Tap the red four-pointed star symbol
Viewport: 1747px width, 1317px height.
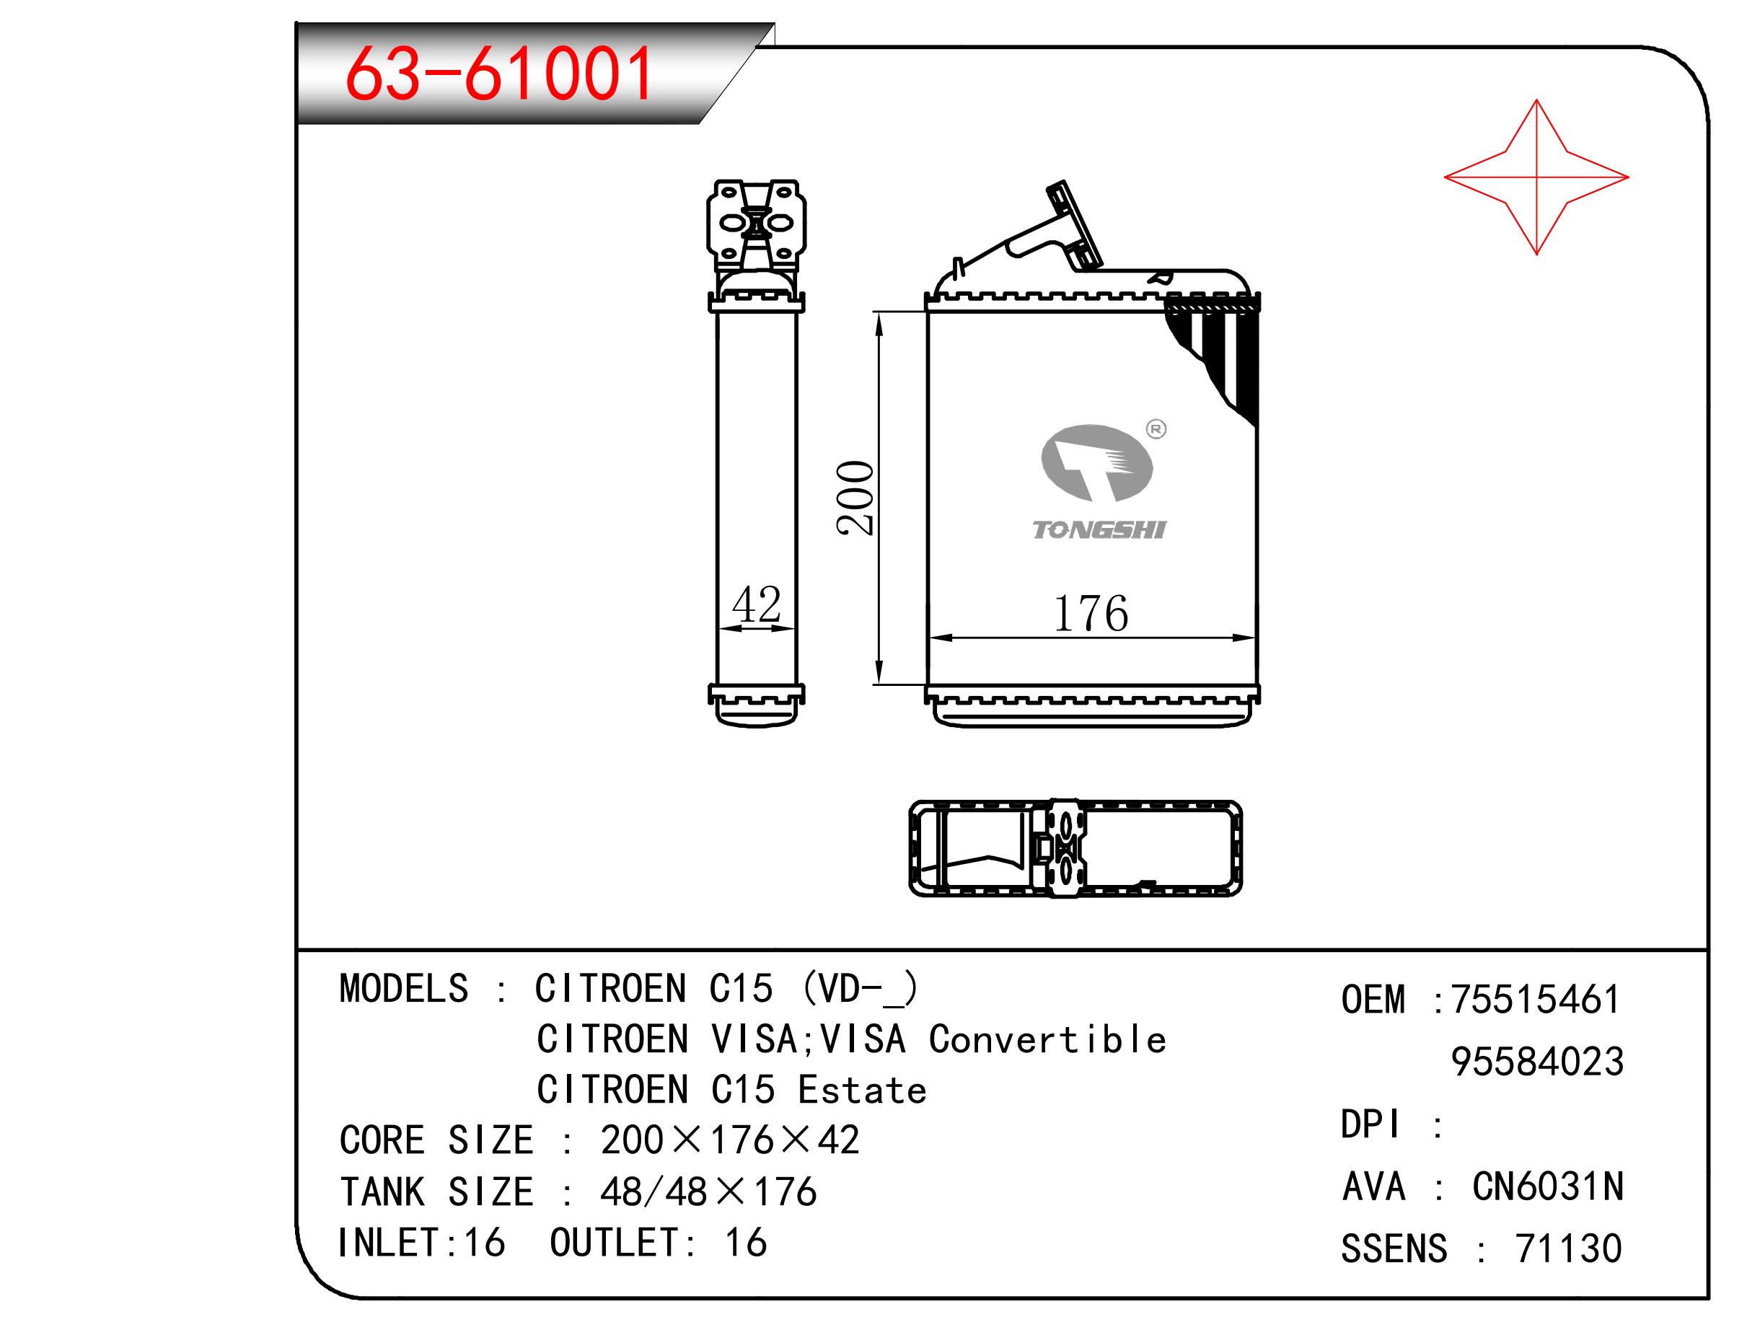point(1536,177)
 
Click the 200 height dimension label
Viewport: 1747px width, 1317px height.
point(856,498)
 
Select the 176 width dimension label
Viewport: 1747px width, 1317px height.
point(1091,614)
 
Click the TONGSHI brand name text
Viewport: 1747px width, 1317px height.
point(1099,530)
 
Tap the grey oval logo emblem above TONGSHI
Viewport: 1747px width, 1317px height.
point(1097,463)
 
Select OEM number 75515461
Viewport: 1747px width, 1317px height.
point(1536,1000)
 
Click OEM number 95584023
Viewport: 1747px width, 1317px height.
point(1538,1062)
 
